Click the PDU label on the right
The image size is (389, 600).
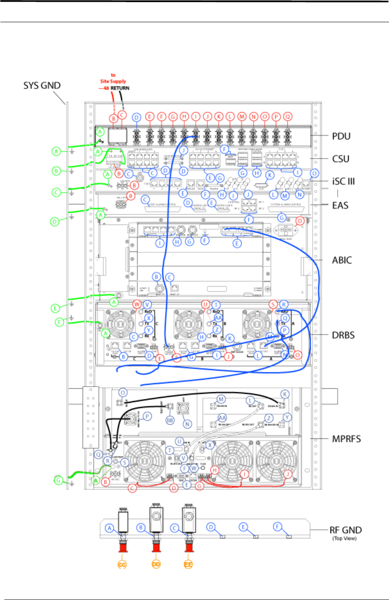coord(341,136)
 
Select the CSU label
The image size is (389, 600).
coord(341,159)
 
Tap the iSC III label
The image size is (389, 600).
coord(345,181)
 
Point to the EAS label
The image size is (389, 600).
coord(340,205)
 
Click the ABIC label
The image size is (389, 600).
coord(342,260)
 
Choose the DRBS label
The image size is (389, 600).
coord(343,335)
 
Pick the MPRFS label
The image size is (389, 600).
coord(346,438)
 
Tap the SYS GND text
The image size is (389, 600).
coord(42,86)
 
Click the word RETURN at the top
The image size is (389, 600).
coord(120,88)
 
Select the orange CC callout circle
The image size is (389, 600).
coord(122,565)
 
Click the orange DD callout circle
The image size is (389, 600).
coord(156,565)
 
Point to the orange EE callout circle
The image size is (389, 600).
coord(188,565)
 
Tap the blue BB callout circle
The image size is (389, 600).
coord(170,420)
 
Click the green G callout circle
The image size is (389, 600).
coord(59,480)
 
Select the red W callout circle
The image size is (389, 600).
coord(137,304)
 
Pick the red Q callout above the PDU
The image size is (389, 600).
coord(287,116)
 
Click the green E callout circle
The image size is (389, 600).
coord(55,308)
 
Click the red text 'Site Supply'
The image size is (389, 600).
coord(113,81)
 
